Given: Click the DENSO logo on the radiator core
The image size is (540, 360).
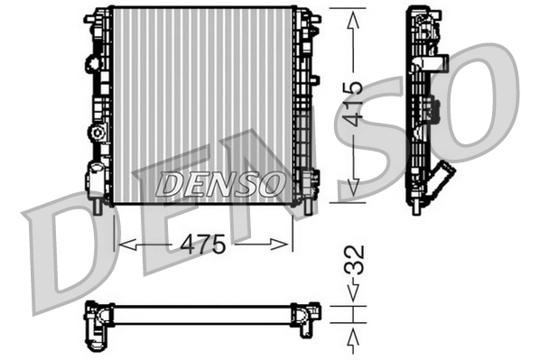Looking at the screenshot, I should [x=219, y=185].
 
